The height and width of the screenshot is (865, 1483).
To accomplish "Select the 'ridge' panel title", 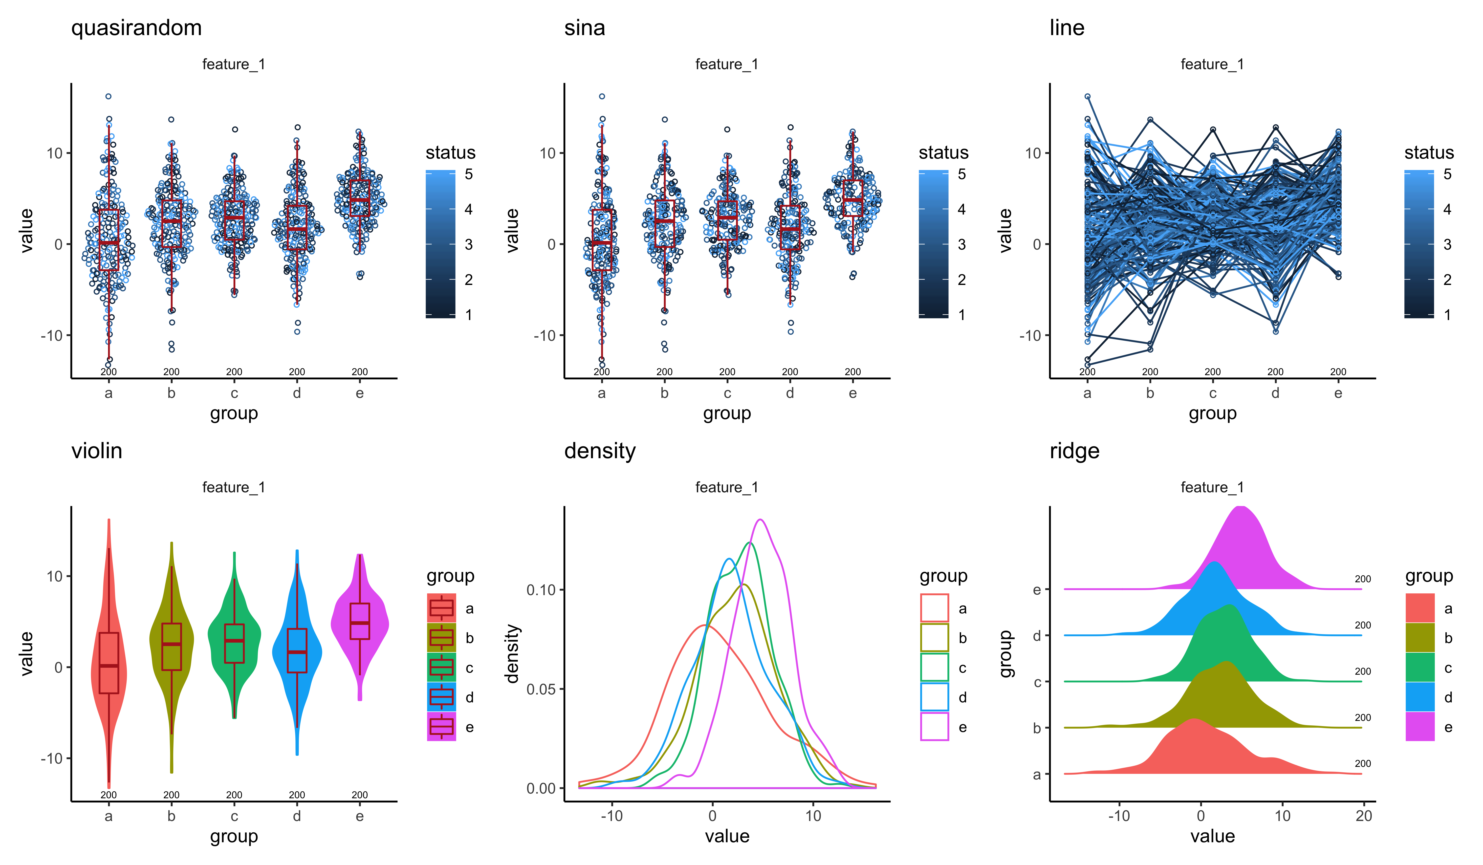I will coord(1074,451).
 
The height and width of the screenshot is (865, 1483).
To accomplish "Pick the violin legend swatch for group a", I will coord(441,608).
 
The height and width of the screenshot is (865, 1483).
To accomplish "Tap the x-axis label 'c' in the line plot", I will coord(1212,393).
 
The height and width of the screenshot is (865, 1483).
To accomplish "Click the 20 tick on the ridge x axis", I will coord(1364,816).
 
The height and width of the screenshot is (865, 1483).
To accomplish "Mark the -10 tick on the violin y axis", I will coord(52,758).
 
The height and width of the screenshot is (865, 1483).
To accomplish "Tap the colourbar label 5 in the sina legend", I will coord(961,174).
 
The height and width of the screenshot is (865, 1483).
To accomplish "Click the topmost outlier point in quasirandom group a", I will coord(108,96).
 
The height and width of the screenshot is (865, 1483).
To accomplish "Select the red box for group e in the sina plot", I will coord(853,198).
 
